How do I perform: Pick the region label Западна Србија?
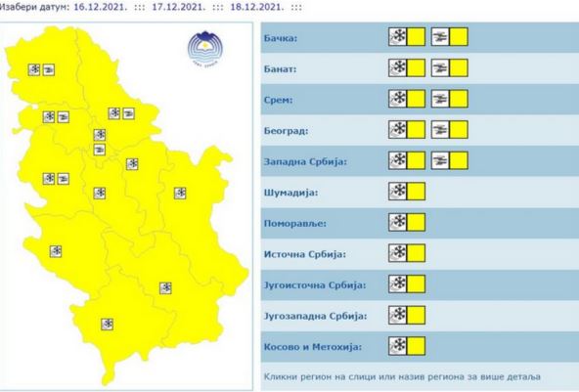pos(305,161)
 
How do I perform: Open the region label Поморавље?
pos(295,223)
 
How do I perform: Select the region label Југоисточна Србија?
pos(314,284)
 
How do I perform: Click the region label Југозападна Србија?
pos(314,316)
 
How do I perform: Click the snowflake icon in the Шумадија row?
pos(398,192)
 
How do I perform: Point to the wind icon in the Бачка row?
pos(441,38)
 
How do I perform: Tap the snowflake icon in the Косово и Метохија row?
pos(398,346)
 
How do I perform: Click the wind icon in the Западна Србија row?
pos(441,161)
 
